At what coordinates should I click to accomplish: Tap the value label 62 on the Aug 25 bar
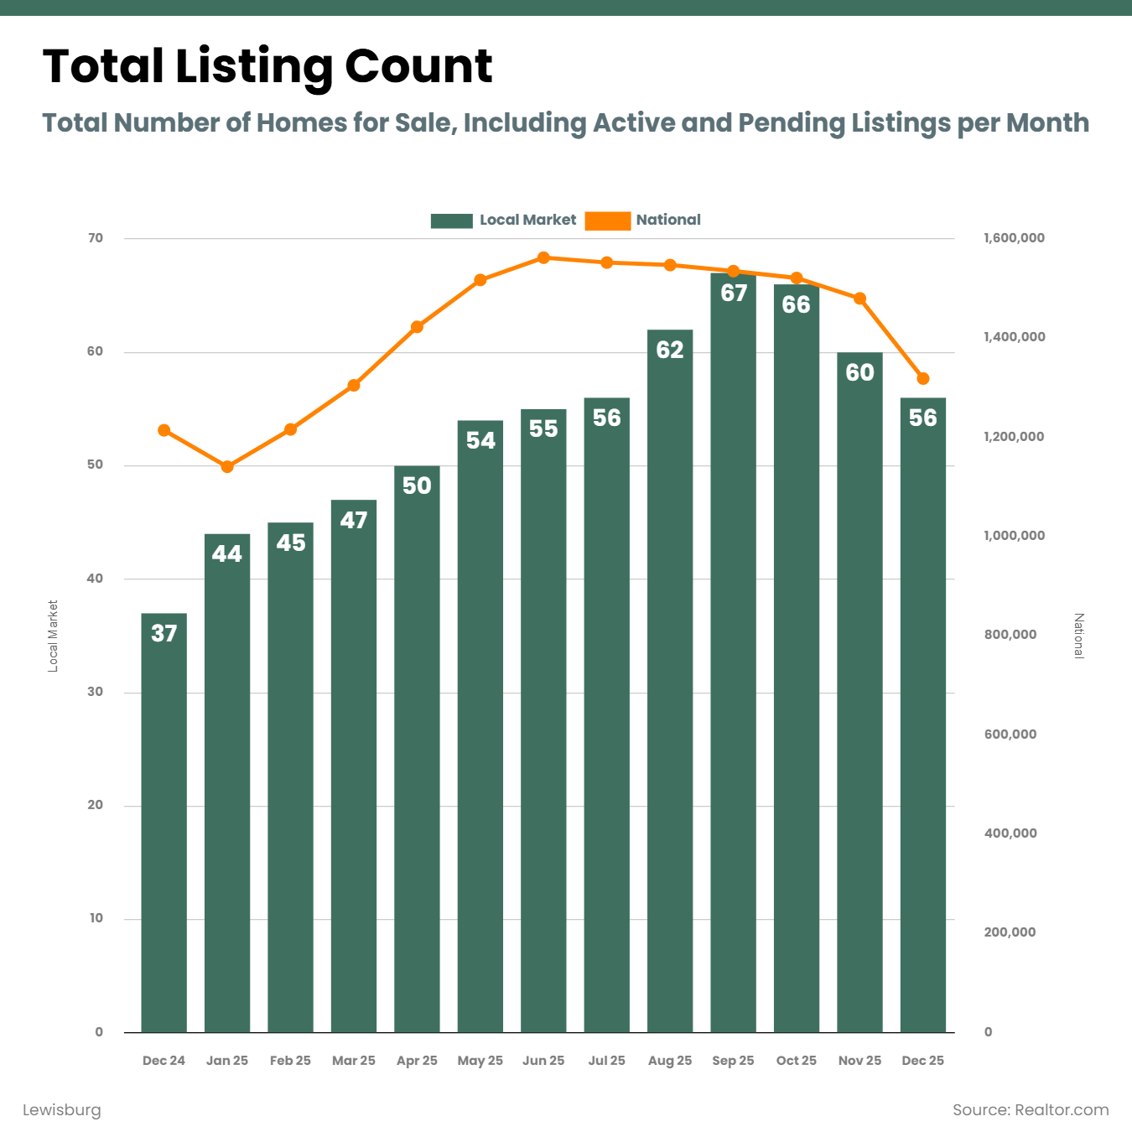point(670,350)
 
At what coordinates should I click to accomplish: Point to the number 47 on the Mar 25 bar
point(354,520)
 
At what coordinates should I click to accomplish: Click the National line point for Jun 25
point(543,257)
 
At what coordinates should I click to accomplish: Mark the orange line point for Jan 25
point(227,466)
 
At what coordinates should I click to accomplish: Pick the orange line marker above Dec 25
point(923,378)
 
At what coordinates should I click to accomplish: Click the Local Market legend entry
point(503,221)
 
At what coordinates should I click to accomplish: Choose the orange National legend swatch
point(607,221)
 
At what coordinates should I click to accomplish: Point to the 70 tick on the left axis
point(96,238)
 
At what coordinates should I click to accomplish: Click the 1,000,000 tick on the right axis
point(1014,536)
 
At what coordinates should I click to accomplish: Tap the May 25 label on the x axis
point(480,1061)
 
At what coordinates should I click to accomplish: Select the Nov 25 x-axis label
point(859,1061)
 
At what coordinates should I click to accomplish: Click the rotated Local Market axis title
point(53,636)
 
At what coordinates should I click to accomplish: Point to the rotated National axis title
point(1079,636)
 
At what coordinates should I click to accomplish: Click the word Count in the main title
point(418,66)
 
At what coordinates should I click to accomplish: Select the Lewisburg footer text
point(61,1110)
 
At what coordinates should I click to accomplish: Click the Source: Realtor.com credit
point(1031,1110)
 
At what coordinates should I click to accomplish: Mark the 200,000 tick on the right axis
point(1010,932)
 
